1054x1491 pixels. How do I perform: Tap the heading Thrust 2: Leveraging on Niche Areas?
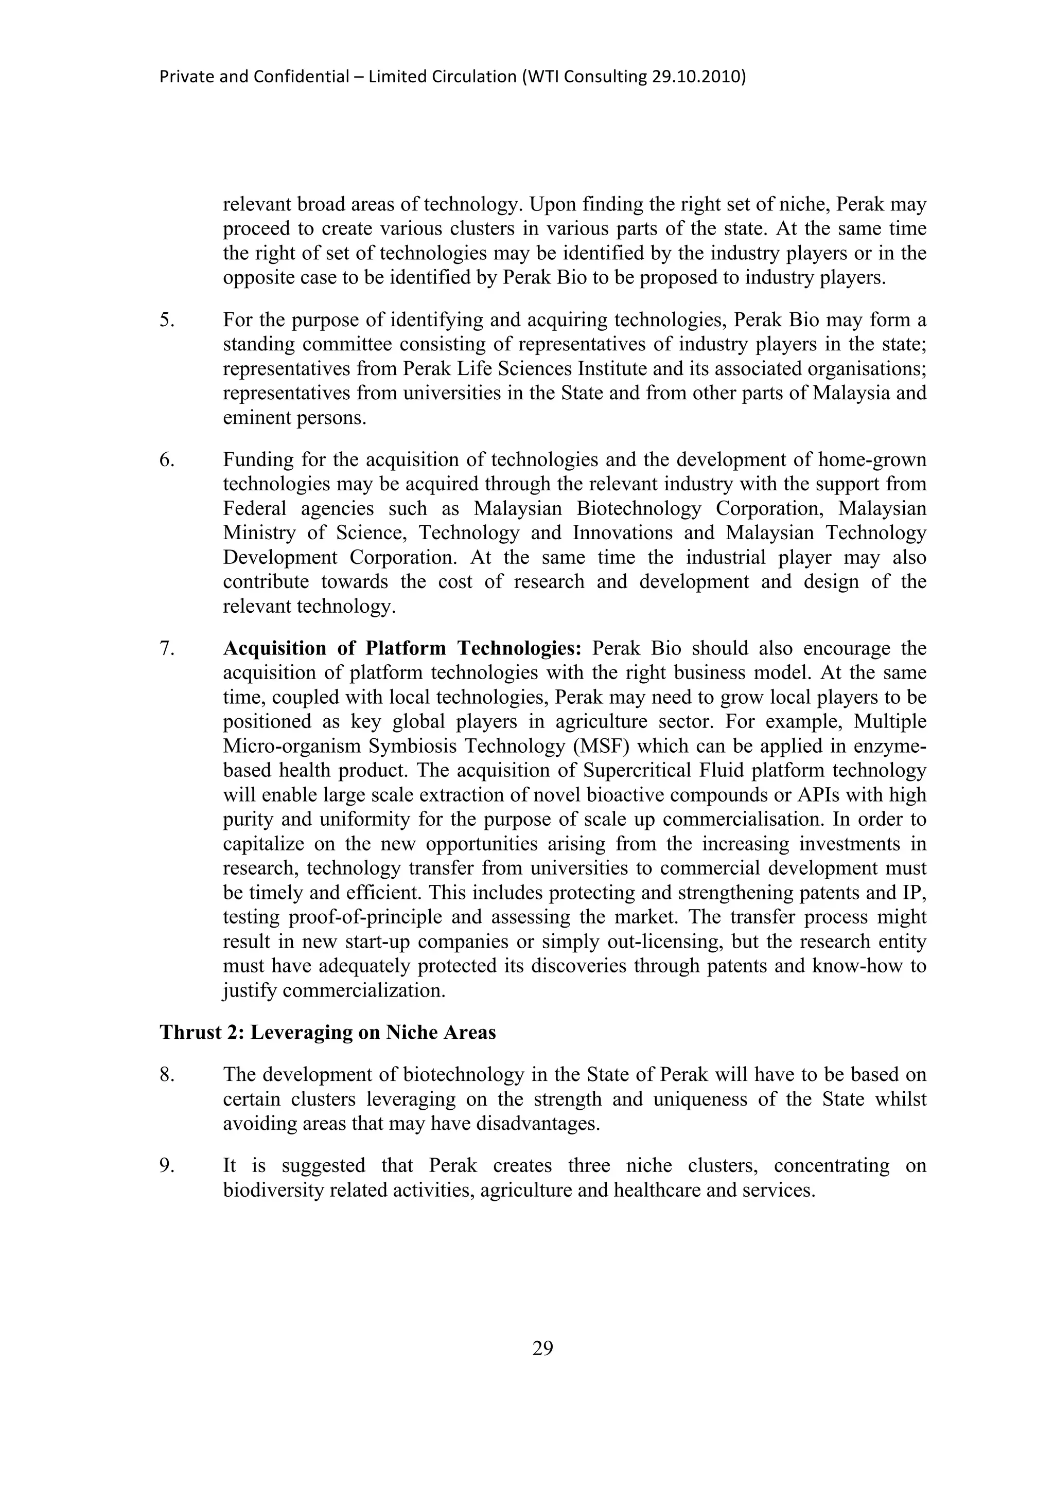click(327, 1033)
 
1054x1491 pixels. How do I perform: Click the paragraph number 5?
click(167, 320)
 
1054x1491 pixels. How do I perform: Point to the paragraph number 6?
click(167, 460)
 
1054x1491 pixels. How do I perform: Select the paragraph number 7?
click(167, 648)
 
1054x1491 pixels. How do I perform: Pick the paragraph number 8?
click(167, 1075)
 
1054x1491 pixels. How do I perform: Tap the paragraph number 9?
click(167, 1166)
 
